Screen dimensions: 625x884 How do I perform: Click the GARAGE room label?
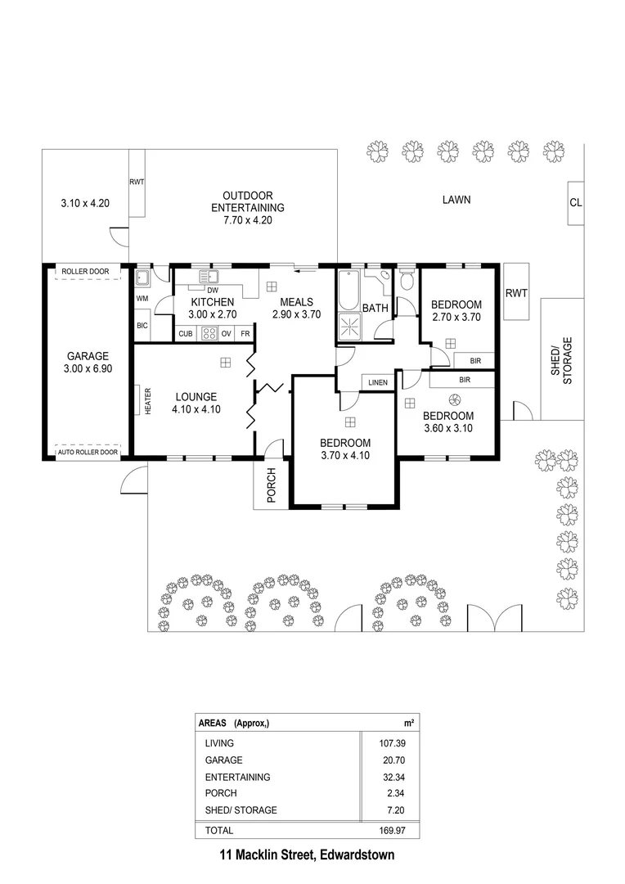click(x=88, y=356)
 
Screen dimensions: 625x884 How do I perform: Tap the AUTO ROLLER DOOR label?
click(x=88, y=452)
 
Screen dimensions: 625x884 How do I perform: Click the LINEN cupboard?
click(x=378, y=382)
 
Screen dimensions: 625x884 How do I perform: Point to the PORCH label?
click(x=272, y=485)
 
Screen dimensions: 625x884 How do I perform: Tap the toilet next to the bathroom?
click(x=407, y=278)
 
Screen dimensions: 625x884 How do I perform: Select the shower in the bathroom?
click(x=350, y=328)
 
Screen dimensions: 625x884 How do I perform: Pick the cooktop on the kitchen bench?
click(x=209, y=333)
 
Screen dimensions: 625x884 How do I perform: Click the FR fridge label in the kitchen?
click(x=245, y=334)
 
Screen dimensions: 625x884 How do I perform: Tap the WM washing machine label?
click(x=142, y=299)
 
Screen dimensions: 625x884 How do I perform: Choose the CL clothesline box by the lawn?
click(x=575, y=203)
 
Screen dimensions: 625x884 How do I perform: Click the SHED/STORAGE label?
click(x=562, y=361)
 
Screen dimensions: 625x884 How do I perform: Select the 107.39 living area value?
click(x=392, y=743)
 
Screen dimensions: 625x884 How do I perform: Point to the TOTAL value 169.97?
click(x=392, y=831)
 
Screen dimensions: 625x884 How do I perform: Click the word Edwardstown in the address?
click(x=357, y=855)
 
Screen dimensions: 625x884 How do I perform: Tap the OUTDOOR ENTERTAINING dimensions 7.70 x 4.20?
click(x=248, y=220)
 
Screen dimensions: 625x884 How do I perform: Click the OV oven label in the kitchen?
click(x=226, y=334)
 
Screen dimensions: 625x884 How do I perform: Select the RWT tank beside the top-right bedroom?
click(x=516, y=292)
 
